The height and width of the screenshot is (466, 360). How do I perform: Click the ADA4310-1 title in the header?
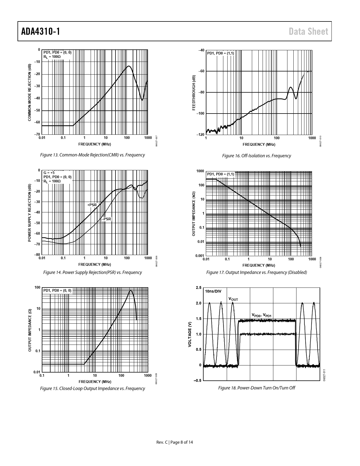(41, 31)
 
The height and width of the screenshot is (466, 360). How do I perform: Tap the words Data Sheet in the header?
(309, 31)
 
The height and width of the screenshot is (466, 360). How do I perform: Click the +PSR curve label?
(92, 205)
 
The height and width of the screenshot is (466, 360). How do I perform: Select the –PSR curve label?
(106, 219)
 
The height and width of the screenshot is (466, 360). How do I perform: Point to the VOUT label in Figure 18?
(233, 299)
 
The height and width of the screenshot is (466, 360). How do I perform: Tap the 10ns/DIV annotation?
(213, 291)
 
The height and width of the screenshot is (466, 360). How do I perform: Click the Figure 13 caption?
(93, 155)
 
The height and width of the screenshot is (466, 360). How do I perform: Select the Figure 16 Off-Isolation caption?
(256, 156)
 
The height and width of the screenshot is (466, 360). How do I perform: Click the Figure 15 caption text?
(93, 388)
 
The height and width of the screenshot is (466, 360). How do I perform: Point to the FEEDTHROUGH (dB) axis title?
(194, 93)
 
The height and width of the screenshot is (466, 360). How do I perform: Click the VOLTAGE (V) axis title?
(190, 334)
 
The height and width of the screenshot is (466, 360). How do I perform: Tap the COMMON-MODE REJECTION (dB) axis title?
(30, 93)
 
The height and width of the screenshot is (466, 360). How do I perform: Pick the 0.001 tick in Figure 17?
(200, 256)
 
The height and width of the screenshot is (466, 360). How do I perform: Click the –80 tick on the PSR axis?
(37, 255)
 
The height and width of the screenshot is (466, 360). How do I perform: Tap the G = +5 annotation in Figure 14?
(49, 173)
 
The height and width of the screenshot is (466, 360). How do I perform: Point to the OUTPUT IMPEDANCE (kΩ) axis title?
(194, 214)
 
